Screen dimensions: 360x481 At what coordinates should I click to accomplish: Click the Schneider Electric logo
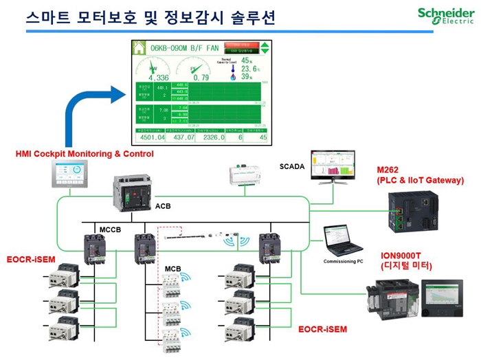tap(445, 15)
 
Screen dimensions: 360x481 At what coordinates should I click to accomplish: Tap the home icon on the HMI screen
tap(140, 48)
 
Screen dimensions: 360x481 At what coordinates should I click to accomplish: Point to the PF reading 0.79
tap(201, 78)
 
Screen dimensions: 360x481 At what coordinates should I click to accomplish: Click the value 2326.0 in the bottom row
tap(213, 137)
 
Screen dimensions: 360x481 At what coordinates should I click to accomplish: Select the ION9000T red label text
tap(405, 255)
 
